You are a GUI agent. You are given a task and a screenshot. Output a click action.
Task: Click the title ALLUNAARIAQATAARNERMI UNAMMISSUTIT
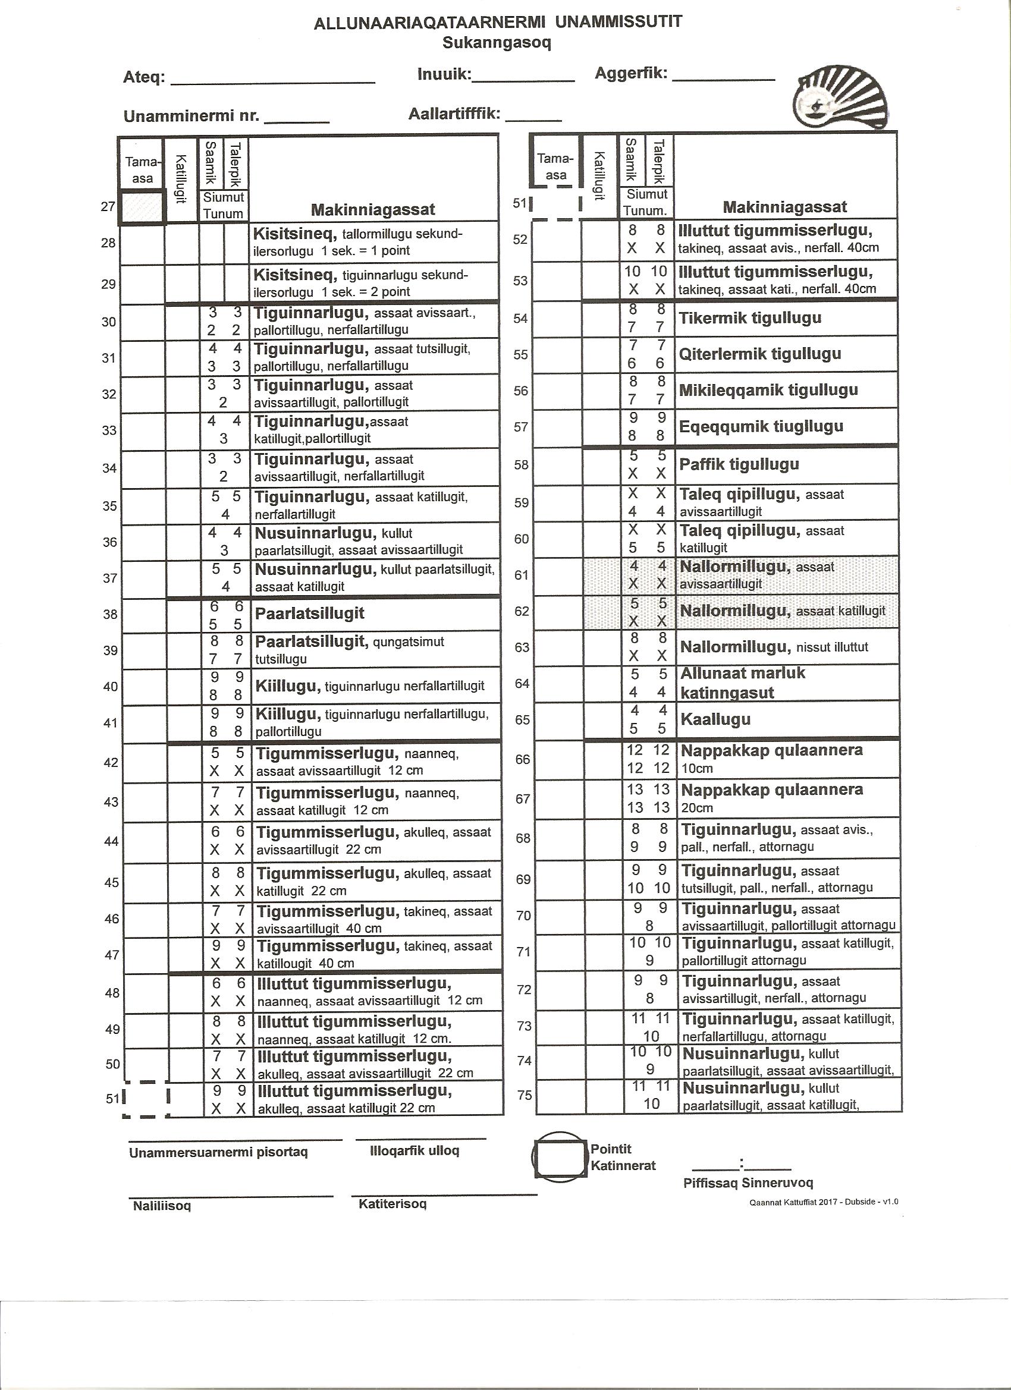click(x=497, y=23)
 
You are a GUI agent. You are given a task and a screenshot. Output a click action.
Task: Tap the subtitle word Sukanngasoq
click(x=497, y=43)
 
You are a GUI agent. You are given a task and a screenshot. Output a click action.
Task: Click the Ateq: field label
click(x=144, y=78)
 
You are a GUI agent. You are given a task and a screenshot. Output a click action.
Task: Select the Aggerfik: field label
click(x=631, y=74)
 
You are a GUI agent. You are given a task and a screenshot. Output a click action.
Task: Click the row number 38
click(x=111, y=614)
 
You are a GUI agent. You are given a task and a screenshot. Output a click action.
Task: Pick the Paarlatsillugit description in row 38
click(x=310, y=614)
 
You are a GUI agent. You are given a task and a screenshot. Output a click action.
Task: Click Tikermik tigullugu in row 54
click(x=750, y=318)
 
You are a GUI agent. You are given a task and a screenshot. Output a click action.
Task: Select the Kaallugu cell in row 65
click(x=715, y=719)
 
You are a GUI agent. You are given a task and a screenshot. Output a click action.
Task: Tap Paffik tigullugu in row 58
click(x=739, y=464)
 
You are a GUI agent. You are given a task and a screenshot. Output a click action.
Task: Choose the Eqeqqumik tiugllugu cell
click(x=761, y=426)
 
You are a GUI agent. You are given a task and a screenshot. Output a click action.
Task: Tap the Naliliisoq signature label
click(x=162, y=1206)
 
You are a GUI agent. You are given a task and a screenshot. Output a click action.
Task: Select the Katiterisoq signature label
click(x=393, y=1205)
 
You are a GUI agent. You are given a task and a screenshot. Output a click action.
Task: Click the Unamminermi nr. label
click(x=191, y=116)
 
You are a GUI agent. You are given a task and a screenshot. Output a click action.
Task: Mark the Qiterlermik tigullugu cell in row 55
click(x=759, y=354)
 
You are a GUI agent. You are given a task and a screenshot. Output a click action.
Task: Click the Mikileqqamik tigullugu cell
click(x=768, y=391)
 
